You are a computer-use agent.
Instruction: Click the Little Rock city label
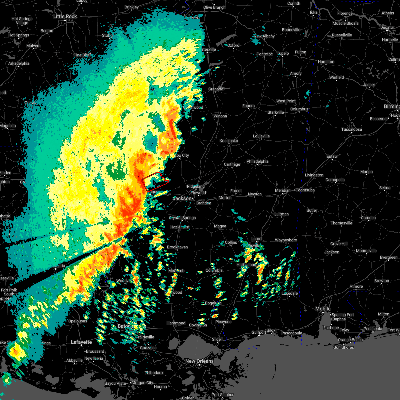pos(65,16)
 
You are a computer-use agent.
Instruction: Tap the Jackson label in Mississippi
pos(182,198)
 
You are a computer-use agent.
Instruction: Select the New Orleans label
pos(199,361)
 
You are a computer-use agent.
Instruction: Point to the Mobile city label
pos(323,309)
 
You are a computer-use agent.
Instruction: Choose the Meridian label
pos(282,190)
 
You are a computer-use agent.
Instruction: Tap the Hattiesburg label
pos(247,265)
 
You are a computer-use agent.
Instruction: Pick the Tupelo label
pos(283,53)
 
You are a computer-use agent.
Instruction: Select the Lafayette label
pos(81,342)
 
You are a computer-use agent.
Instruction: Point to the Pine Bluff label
pos(82,55)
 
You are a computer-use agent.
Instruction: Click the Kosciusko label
pos(229,141)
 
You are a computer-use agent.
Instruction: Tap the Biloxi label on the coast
pos(271,331)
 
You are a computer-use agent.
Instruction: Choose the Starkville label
pos(276,112)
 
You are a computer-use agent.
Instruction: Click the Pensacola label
pos(373,329)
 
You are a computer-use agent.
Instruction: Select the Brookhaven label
pos(177,247)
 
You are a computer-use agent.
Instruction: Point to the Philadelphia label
pos(257,161)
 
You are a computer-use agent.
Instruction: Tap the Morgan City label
pos(143,383)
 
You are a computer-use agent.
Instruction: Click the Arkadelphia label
pos(19,63)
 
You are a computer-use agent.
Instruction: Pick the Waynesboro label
pos(286,240)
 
